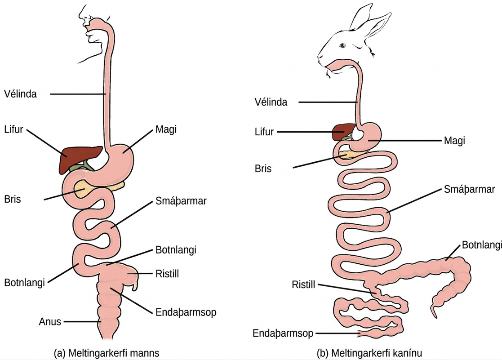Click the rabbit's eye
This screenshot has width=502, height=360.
click(342, 45)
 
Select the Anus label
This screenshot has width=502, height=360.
click(50, 321)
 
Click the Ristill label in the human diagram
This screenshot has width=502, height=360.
click(167, 274)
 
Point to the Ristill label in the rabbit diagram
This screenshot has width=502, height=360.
click(303, 284)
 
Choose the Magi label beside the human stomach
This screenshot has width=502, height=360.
click(166, 130)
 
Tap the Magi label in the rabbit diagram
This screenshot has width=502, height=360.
click(454, 141)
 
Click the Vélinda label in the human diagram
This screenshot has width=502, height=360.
click(21, 94)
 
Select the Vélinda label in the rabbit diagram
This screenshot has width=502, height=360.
click(271, 102)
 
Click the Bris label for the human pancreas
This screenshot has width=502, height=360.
click(13, 199)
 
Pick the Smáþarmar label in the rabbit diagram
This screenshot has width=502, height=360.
click(469, 189)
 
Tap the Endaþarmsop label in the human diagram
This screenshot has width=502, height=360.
click(186, 312)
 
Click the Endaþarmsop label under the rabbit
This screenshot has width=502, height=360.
click(283, 333)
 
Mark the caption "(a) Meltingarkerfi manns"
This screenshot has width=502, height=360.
click(107, 353)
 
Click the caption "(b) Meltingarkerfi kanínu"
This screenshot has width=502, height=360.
click(369, 353)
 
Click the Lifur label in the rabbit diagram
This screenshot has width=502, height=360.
click(264, 132)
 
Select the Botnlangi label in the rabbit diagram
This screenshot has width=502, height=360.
click(482, 245)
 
